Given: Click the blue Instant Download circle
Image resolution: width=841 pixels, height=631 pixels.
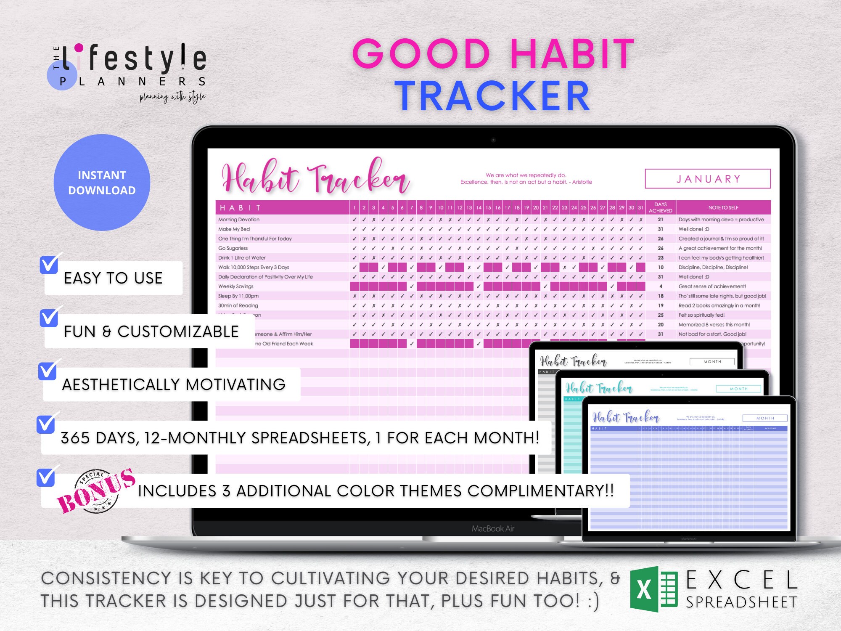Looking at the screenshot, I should (x=102, y=183).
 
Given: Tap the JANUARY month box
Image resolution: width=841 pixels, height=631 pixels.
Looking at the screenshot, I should (x=708, y=179).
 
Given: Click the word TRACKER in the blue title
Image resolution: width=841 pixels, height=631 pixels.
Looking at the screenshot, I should (x=492, y=96).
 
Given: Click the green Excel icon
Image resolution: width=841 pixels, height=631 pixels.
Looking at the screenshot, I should (x=653, y=589).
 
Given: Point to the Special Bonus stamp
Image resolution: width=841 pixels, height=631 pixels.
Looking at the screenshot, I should (x=97, y=491).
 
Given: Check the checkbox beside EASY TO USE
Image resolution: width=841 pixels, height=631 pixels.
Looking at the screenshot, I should (x=49, y=265).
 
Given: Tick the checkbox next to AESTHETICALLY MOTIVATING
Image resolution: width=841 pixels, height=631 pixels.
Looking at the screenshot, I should (x=47, y=371).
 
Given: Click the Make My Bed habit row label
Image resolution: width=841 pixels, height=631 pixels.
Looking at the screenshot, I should (x=234, y=229).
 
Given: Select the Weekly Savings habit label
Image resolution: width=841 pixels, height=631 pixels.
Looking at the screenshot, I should (x=235, y=286).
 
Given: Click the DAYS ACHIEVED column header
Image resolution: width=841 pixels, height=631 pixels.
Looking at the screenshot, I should (x=660, y=207).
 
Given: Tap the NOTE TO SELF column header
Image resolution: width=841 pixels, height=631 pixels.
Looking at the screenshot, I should (x=723, y=207).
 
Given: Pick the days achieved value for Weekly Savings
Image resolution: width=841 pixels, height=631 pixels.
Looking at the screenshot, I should (x=661, y=286).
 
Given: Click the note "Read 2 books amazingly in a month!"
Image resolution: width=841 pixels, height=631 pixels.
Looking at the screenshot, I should (x=719, y=305).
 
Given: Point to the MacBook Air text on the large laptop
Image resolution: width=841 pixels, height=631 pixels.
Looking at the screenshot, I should (x=493, y=528).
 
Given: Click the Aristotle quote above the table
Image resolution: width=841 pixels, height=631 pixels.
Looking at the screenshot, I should (x=526, y=179).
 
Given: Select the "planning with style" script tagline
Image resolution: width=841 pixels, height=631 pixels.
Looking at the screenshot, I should (x=172, y=97).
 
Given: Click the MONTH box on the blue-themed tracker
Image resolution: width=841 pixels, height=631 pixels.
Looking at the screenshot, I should (x=765, y=418).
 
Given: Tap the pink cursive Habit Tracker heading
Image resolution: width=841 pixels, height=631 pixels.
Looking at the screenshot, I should (x=315, y=177).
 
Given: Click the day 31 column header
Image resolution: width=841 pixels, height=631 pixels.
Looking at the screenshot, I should (x=640, y=207).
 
